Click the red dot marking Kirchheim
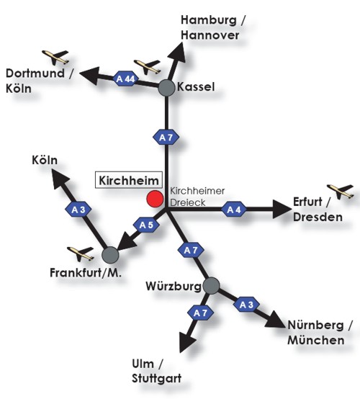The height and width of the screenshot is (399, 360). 155,199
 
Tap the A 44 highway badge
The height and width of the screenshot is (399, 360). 125,79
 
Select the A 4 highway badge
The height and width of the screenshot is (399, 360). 234,210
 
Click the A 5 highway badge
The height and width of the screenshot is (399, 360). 147,225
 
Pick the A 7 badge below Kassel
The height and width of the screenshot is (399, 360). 166,138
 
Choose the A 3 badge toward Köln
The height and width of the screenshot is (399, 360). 78,210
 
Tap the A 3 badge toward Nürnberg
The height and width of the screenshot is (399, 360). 246,305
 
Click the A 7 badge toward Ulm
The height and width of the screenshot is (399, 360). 200,313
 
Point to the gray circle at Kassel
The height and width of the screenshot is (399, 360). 166,88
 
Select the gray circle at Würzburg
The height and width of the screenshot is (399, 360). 212,286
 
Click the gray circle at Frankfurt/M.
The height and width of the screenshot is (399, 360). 110,255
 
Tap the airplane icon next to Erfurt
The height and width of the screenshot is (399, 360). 341,192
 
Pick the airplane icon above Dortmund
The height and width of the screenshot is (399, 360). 55,57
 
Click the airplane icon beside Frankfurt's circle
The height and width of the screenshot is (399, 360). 81,254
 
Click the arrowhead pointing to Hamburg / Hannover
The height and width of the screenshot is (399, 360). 177,53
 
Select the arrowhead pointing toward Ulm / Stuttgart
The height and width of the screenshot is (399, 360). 186,342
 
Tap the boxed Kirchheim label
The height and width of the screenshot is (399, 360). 129,180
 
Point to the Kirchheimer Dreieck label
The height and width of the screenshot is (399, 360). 197,197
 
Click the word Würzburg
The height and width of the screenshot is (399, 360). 174,286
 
